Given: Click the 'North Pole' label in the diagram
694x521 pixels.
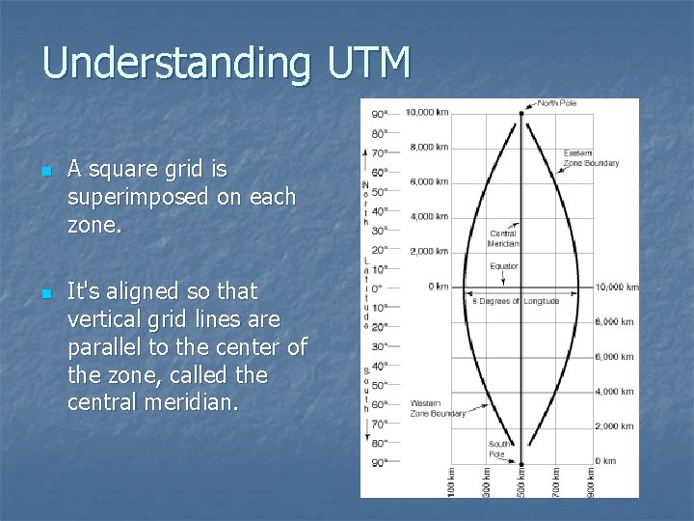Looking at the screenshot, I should coord(557,103).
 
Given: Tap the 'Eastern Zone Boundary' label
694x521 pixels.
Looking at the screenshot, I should coord(591,158).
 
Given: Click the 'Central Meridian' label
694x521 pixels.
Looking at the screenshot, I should coord(502,238).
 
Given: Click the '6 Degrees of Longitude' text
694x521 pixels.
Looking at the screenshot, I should coord(516,301).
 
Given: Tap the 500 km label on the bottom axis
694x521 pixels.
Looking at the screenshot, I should coord(521,481).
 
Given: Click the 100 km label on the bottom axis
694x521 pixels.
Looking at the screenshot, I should coord(451,481).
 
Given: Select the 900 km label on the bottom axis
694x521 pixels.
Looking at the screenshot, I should coord(590,481).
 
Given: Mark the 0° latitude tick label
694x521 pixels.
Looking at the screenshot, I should coord(378,288).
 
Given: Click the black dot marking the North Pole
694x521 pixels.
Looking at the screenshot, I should coord(521,113).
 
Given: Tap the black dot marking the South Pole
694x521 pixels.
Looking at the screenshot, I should coord(521,461).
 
